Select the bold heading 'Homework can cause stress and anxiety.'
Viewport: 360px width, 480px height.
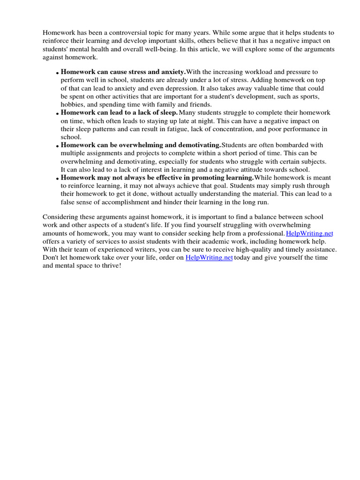tap(123, 72)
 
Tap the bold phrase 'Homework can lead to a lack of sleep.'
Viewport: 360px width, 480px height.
tap(119, 112)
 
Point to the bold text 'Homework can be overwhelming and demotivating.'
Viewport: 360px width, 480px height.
tap(141, 145)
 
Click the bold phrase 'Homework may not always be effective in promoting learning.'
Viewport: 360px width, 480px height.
tap(157, 178)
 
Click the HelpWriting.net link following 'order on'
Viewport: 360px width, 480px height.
tap(209, 258)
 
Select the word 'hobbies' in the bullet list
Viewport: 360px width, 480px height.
tap(73, 105)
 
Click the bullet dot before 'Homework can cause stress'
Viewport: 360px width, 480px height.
tap(57, 73)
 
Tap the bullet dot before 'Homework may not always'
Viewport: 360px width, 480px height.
tap(57, 179)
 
